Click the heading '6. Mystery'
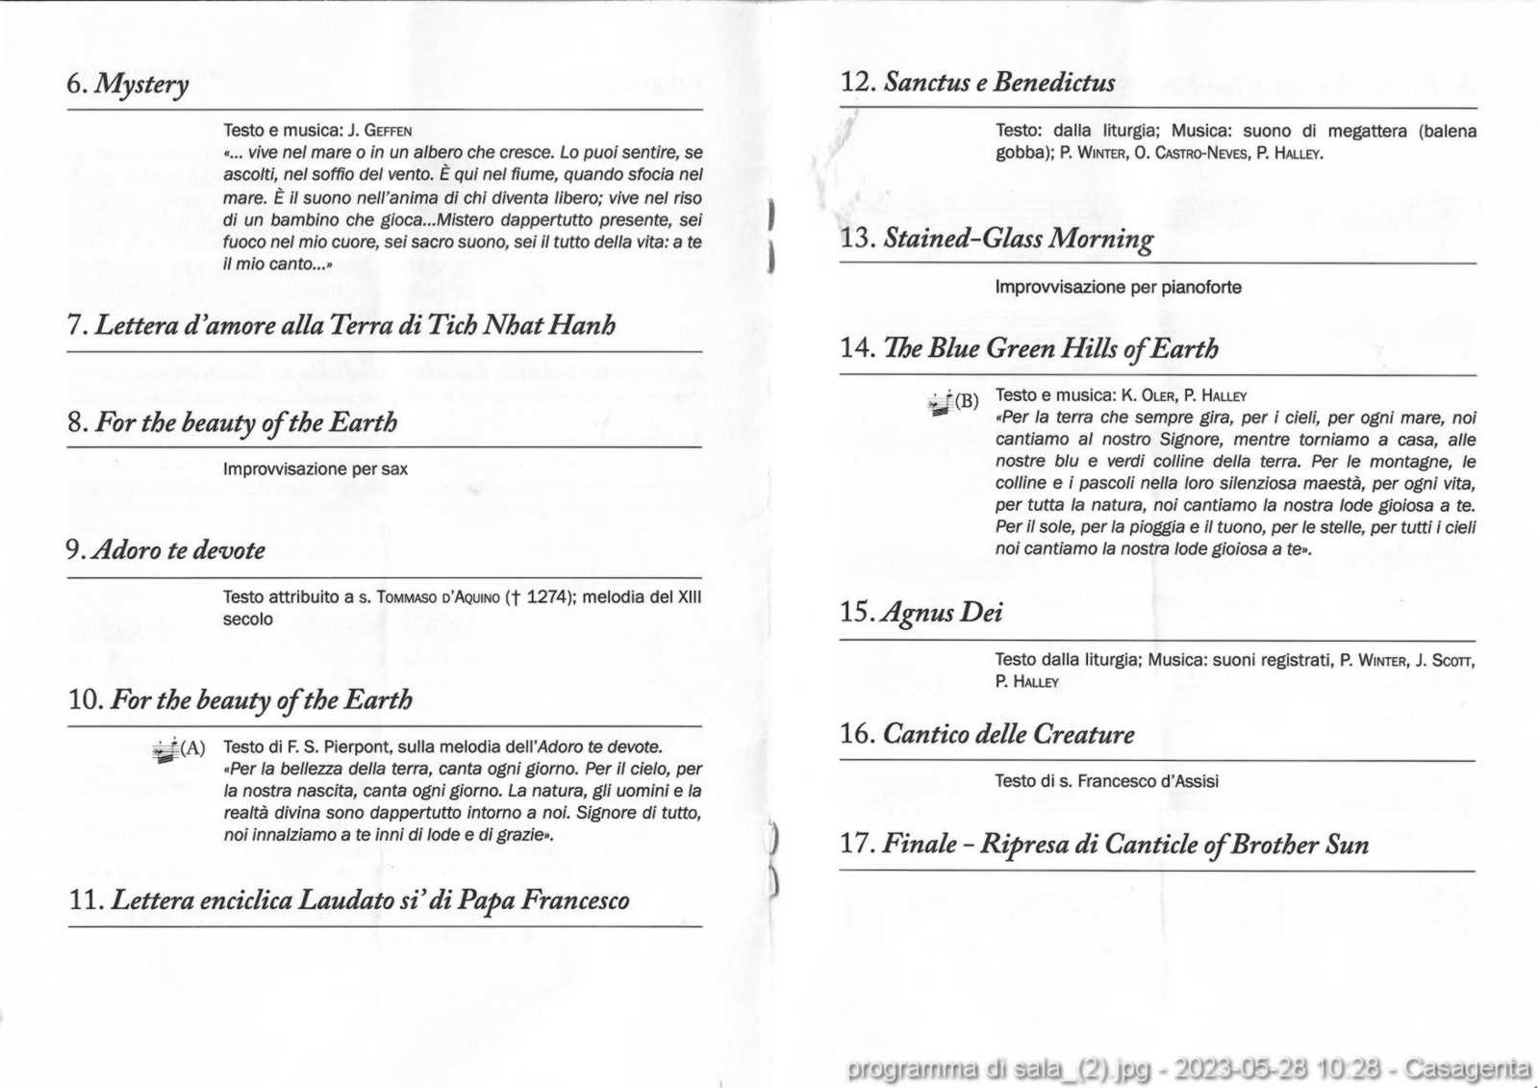coord(128,85)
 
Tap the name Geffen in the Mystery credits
coord(389,131)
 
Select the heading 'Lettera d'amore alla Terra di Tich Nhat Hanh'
coord(341,325)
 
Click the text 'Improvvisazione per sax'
coord(315,469)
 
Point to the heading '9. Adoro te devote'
coord(165,550)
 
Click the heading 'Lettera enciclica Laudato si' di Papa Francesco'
coord(349,900)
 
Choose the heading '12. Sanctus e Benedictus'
coord(978,83)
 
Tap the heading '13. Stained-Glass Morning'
coord(997,239)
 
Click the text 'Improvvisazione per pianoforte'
coord(1118,288)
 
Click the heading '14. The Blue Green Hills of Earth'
coord(1029,348)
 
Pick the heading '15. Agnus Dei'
coord(921,613)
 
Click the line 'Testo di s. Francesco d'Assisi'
coord(1106,781)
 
